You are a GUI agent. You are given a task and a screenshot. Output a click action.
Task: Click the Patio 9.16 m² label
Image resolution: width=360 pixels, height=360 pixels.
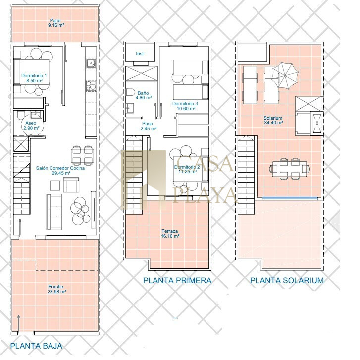coord(56,23)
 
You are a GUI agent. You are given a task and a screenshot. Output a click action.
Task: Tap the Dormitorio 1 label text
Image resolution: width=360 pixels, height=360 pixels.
coord(34,76)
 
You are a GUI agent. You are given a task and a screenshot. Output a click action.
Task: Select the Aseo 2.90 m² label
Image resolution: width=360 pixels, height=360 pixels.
coord(31,126)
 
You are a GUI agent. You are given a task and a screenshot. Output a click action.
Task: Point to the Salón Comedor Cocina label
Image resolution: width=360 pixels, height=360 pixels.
coord(60,168)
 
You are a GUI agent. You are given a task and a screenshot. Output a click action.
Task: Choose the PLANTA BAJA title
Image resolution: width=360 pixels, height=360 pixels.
coord(36,346)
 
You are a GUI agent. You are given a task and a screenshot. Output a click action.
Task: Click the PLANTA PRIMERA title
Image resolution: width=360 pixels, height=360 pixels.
coord(177,280)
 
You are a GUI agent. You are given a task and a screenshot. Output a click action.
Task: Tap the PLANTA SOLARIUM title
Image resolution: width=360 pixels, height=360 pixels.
coord(287,280)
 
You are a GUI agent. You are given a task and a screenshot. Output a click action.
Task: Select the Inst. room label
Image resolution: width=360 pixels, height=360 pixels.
coord(140,54)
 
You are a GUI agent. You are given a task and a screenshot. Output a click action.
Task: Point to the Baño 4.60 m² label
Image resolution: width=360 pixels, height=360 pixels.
coord(144,95)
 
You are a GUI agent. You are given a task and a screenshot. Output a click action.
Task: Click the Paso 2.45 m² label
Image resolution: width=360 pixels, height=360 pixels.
coord(149,126)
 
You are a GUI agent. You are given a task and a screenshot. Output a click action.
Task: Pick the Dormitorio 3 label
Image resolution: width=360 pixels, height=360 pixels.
coord(185,104)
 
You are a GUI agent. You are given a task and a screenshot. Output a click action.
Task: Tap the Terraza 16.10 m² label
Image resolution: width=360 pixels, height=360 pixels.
coord(170,234)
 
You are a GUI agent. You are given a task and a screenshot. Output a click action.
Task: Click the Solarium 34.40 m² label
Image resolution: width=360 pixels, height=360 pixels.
coord(273,120)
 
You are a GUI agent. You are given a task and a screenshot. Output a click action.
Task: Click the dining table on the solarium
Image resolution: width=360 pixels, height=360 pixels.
coord(289,169)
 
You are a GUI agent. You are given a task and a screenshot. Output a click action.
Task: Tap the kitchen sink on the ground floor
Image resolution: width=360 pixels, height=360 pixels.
coord(91,63)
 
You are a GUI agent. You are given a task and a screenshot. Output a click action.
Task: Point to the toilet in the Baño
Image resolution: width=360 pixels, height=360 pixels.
coord(130,92)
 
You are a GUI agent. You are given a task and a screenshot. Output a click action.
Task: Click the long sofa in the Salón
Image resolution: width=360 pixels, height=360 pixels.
coord(54,212)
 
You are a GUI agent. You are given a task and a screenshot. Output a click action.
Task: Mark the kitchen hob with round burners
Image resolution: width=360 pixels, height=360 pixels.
coord(91,85)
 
